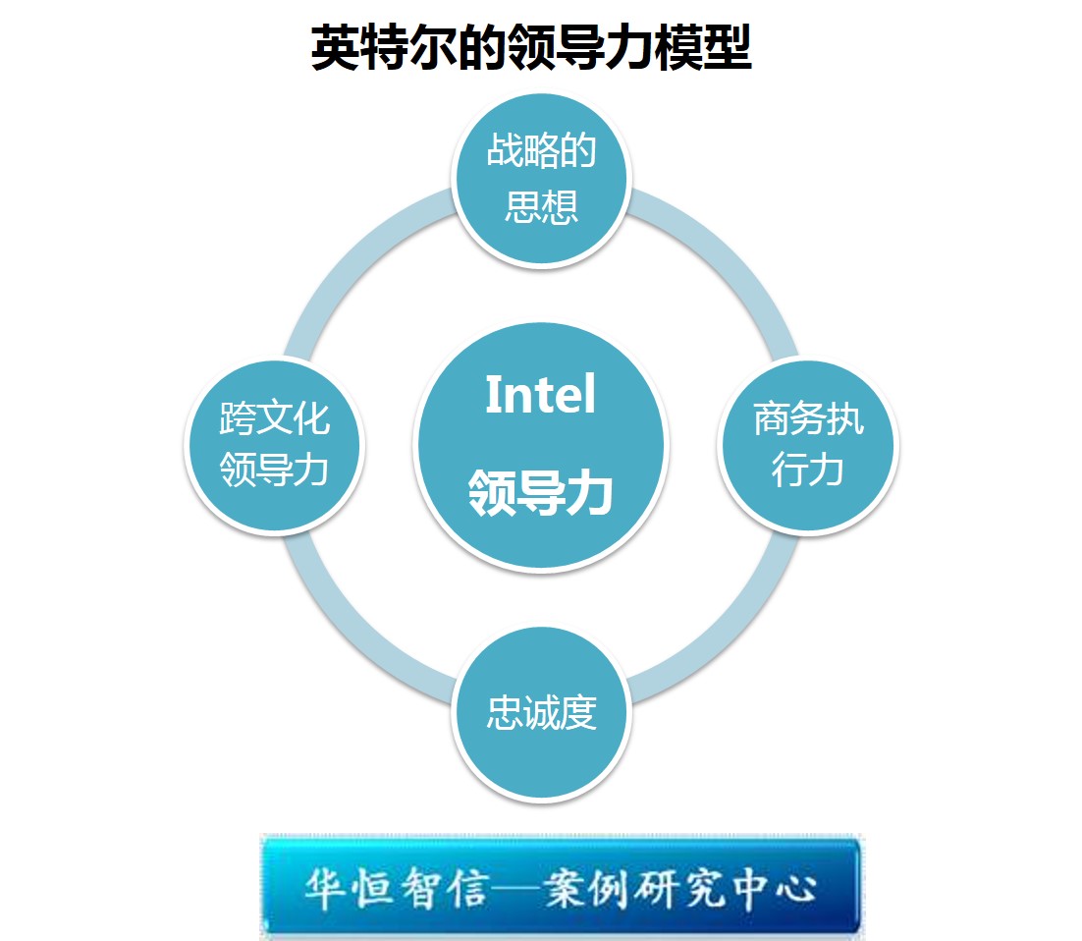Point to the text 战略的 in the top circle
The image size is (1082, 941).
point(541,150)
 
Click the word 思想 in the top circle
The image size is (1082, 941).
point(542,206)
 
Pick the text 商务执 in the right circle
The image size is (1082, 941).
point(808,418)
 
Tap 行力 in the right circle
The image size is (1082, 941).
point(807,470)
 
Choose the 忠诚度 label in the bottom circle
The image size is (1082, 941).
point(542,712)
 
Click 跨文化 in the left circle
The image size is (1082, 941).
point(275,418)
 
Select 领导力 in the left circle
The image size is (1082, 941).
point(274,470)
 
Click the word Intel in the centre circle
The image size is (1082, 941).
point(540,394)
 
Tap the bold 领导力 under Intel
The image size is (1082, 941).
point(540,492)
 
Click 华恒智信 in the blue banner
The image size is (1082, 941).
point(397,888)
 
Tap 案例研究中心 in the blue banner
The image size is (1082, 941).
point(679,888)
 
